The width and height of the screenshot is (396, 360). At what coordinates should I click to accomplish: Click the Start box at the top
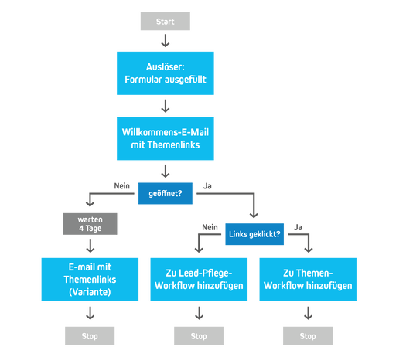165,21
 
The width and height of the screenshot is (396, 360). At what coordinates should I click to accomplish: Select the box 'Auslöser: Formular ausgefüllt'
165,73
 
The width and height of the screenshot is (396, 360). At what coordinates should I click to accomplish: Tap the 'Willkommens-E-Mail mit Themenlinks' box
165,138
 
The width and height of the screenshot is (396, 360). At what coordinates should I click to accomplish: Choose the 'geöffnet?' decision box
165,193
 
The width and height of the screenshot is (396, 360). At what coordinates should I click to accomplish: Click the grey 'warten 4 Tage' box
90,224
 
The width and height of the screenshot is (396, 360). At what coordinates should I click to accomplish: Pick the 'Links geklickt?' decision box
254,234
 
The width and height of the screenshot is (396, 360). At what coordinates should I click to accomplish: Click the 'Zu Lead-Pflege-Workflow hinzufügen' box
199,279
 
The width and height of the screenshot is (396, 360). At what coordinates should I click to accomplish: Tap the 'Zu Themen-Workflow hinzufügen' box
308,279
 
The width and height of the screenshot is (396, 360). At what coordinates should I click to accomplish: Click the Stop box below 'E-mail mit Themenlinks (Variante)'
90,335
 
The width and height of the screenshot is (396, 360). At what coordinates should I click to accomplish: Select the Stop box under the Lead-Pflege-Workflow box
199,335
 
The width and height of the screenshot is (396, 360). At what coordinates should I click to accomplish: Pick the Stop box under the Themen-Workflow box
308,335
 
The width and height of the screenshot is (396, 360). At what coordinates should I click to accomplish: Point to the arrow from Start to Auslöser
165,40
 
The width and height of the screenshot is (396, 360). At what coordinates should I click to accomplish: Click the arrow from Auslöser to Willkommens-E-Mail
165,106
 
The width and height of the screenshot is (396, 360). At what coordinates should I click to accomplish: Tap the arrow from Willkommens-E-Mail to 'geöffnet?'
165,171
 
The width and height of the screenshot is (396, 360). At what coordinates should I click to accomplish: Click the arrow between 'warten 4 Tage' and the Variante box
90,246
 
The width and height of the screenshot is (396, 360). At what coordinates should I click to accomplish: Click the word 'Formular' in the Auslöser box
145,80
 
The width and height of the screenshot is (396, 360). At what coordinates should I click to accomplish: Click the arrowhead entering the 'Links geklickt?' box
254,216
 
